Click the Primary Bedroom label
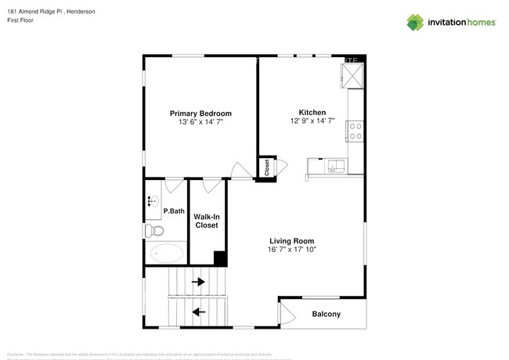200,113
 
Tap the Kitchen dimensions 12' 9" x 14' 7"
312,121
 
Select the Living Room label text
291,241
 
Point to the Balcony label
326,315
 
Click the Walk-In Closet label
206,221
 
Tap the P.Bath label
173,211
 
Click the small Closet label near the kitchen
267,167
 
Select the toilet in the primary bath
154,231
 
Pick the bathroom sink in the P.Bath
151,201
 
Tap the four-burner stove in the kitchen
355,131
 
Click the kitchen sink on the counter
335,165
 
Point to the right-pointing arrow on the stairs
199,282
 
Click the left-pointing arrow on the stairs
199,311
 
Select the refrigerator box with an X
352,75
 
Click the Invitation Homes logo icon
416,23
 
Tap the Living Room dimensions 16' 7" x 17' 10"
291,250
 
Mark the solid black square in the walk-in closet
220,259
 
